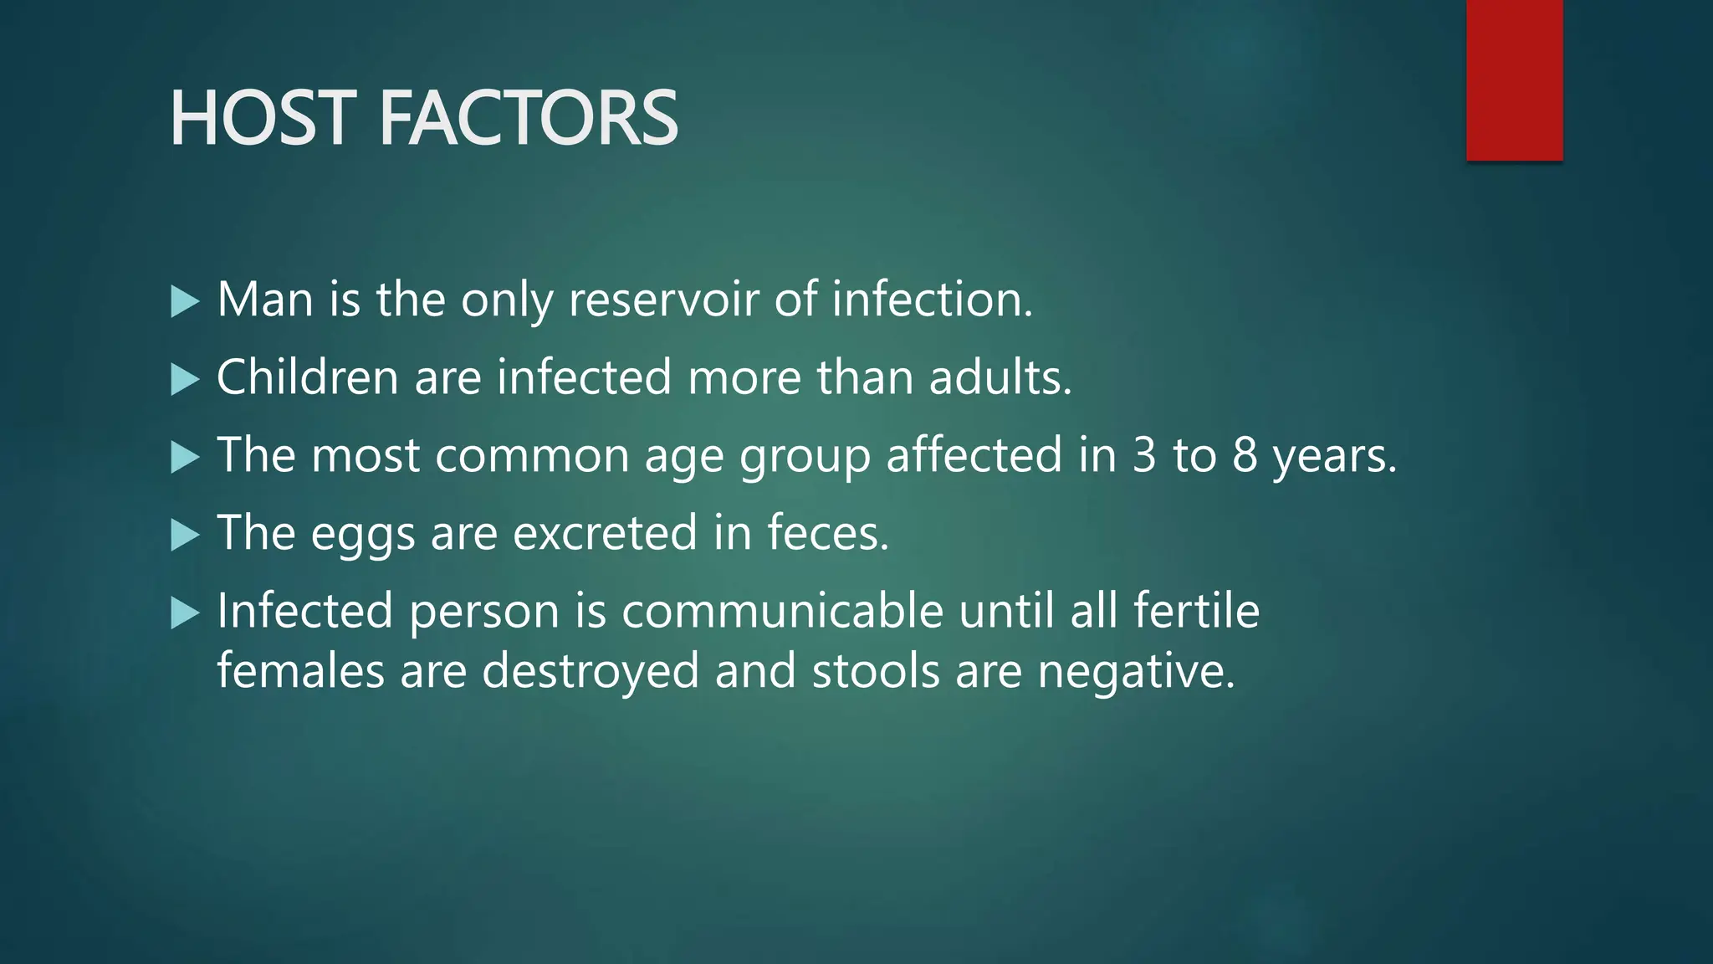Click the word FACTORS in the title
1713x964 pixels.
click(x=529, y=119)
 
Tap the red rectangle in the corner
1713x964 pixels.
click(x=1514, y=79)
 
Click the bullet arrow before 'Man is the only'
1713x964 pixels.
click(x=185, y=301)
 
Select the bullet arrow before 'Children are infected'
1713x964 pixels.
click(x=185, y=379)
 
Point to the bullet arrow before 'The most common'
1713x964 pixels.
click(x=185, y=457)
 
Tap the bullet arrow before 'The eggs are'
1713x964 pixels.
click(x=185, y=535)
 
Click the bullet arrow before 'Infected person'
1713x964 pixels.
click(x=185, y=613)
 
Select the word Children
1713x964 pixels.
click(x=307, y=377)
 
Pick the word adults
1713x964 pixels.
click(x=1000, y=377)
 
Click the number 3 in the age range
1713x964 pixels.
click(x=1144, y=455)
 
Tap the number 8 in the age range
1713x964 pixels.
click(x=1245, y=455)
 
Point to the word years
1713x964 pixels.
click(x=1335, y=457)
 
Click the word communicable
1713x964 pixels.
click(x=782, y=611)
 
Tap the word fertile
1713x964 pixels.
click(x=1196, y=611)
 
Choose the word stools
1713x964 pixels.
click(x=876, y=672)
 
